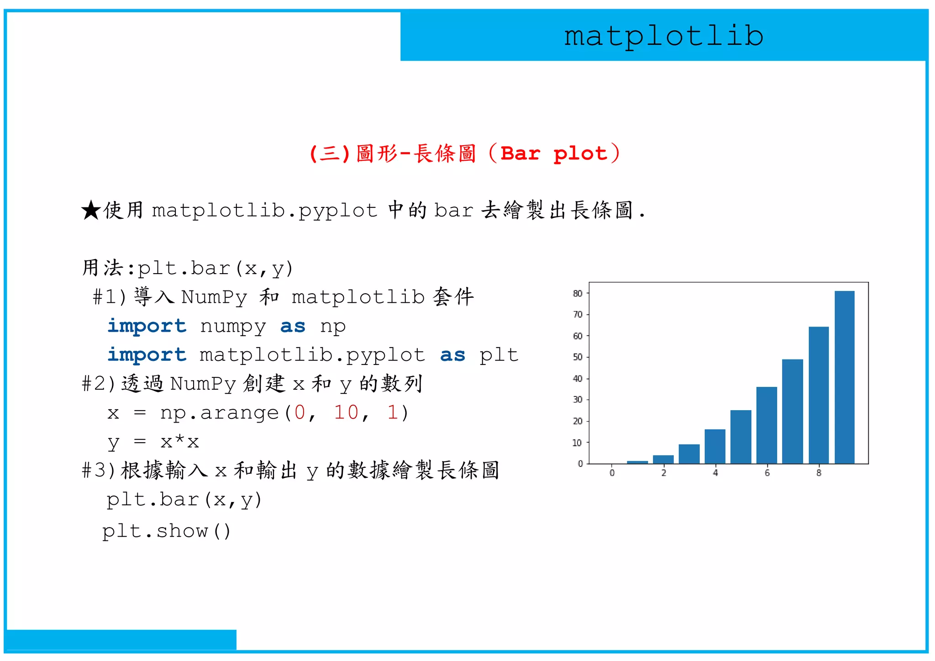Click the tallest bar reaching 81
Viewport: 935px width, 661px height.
pos(844,377)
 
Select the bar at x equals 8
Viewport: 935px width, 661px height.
pos(818,395)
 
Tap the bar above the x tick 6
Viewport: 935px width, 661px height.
pos(767,425)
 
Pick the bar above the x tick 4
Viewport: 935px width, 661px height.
pos(714,446)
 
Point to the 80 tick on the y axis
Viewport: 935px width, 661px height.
pos(578,293)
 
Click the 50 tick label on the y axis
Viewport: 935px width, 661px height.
pos(578,357)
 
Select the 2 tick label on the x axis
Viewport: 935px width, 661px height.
pos(663,473)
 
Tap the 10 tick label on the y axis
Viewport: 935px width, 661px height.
pos(578,442)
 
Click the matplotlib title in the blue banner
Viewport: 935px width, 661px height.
pos(663,36)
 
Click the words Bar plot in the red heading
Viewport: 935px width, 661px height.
pos(554,153)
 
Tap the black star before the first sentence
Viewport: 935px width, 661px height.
pos(91,211)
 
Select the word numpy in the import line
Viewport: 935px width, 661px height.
pos(233,326)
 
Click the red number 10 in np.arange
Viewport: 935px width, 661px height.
pos(346,412)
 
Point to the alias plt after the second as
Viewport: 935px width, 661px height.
pos(499,355)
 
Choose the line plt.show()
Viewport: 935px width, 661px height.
pos(167,531)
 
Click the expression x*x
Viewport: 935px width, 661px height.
pos(179,441)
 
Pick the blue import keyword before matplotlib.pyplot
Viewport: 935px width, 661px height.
pos(147,355)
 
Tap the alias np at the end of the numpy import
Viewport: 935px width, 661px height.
pos(333,326)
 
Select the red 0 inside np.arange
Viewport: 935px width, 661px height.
pos(299,412)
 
